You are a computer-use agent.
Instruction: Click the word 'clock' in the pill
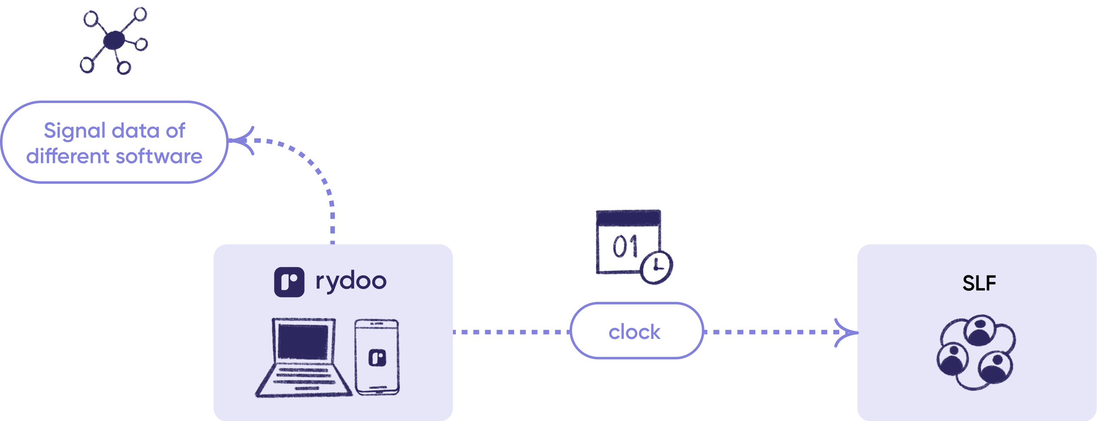[x=634, y=332]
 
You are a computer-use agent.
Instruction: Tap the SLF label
[x=979, y=284]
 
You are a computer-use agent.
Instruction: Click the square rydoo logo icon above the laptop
[x=289, y=282]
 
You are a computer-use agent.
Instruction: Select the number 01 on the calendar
[x=625, y=247]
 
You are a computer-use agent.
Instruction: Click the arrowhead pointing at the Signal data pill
[x=243, y=140]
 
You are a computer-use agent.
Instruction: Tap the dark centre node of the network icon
[x=114, y=40]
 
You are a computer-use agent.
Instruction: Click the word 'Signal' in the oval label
[x=75, y=131]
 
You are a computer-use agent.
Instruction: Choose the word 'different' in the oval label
[x=68, y=157]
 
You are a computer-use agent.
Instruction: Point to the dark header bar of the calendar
[x=628, y=218]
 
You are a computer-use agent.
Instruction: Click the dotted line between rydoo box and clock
[x=511, y=332]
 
